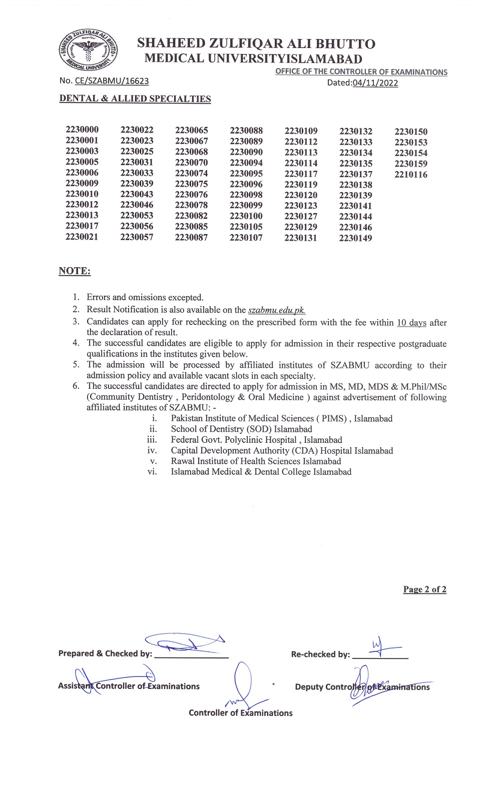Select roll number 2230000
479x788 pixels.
pyautogui.click(x=82, y=130)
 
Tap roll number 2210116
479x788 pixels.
pyautogui.click(x=411, y=175)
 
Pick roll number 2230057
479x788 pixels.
pyautogui.click(x=137, y=237)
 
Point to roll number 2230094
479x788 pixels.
pyautogui.click(x=246, y=163)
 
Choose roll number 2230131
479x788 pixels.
pyautogui.click(x=301, y=238)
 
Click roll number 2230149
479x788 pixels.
pyautogui.click(x=355, y=238)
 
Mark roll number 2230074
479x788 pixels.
pyautogui.click(x=191, y=173)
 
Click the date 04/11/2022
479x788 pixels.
pyautogui.click(x=375, y=83)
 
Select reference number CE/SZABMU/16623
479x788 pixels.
pyautogui.click(x=112, y=81)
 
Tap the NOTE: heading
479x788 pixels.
pyautogui.click(x=75, y=271)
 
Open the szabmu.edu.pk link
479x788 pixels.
pyautogui.click(x=277, y=310)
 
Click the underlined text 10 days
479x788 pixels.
pyautogui.click(x=411, y=323)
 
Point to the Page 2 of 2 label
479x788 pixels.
pyautogui.click(x=424, y=589)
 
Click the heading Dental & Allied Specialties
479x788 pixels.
pyautogui.click(x=135, y=99)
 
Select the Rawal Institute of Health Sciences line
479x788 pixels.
pyautogui.click(x=256, y=461)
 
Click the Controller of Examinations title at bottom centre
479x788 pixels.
pyautogui.click(x=240, y=713)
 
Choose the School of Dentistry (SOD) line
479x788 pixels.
pyautogui.click(x=241, y=429)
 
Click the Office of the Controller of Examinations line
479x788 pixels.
pyautogui.click(x=361, y=72)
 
